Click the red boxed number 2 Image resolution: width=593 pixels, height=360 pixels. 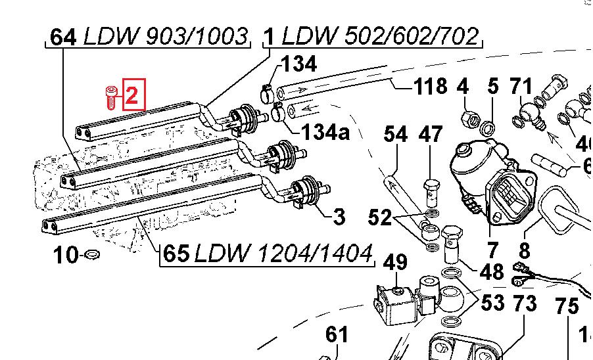[x=131, y=96]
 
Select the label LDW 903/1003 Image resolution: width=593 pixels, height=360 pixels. [x=166, y=37]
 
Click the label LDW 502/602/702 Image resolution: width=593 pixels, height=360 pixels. [x=379, y=37]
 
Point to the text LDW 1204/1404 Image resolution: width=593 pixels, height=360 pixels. [x=283, y=253]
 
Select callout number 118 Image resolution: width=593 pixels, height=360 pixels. [x=431, y=86]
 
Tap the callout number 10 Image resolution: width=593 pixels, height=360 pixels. [x=65, y=256]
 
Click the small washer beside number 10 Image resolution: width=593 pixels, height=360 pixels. [x=93, y=254]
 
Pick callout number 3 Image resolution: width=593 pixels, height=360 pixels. [x=339, y=216]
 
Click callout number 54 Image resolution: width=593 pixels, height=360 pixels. [x=396, y=135]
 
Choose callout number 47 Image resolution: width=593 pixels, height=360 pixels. [x=431, y=135]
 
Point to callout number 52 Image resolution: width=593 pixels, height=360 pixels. [x=379, y=217]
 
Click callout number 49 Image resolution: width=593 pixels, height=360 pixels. [x=396, y=263]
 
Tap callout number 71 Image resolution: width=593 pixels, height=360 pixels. [x=521, y=86]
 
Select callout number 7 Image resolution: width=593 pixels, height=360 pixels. [x=491, y=250]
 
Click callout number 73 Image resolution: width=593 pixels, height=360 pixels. [x=524, y=304]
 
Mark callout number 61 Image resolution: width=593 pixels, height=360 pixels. [x=337, y=335]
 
